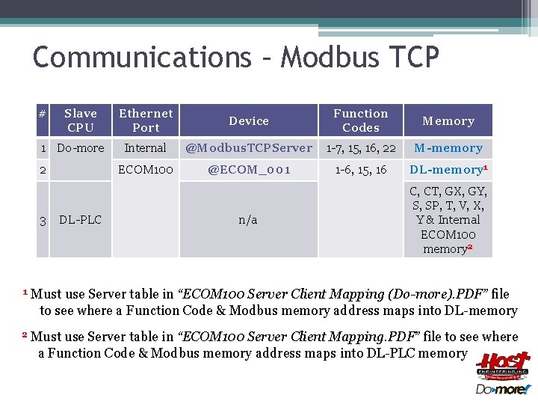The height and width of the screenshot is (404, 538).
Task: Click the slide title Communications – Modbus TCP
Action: point(236,58)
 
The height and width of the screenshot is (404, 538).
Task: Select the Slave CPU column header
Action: point(80,120)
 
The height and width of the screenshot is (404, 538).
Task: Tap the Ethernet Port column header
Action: point(146,120)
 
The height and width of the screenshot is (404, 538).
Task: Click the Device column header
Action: point(249,120)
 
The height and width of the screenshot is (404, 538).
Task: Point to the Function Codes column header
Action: point(361,120)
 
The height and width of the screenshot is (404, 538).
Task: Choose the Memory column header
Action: point(448,120)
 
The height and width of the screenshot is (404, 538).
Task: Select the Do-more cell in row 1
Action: point(81,148)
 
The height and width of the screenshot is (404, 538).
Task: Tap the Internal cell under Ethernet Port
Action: point(146,148)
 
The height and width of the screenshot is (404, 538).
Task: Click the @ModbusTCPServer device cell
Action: point(249,148)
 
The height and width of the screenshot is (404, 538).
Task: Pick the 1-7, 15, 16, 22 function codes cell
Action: point(361,148)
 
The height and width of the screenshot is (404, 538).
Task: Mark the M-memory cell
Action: point(448,148)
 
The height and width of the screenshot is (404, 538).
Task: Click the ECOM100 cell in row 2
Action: point(146,170)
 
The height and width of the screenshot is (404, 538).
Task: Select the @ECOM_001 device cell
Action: point(249,170)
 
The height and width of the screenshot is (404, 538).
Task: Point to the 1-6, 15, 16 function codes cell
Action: point(361,170)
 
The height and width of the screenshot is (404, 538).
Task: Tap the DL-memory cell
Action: point(448,170)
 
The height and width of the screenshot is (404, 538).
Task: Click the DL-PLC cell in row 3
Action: point(80,219)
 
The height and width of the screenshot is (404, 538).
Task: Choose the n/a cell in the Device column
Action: point(248,219)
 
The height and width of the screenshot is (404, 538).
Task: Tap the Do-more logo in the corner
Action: point(503,389)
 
